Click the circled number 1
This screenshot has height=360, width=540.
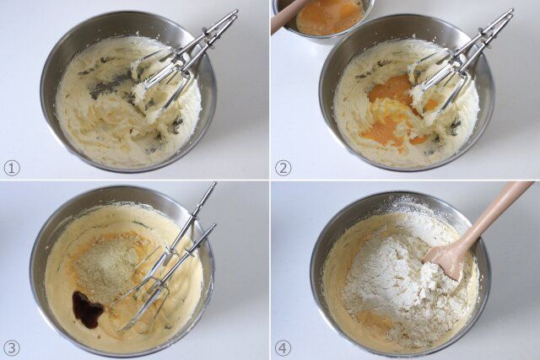(x=12, y=169)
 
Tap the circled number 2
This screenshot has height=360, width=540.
(x=283, y=169)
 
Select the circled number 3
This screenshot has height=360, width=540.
(x=12, y=348)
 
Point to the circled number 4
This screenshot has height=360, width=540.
(x=283, y=348)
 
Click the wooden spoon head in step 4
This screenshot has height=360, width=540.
(x=445, y=262)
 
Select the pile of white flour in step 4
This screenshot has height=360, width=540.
(x=399, y=276)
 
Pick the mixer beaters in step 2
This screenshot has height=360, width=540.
(x=455, y=66)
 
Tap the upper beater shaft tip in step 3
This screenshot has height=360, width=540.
(x=213, y=185)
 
